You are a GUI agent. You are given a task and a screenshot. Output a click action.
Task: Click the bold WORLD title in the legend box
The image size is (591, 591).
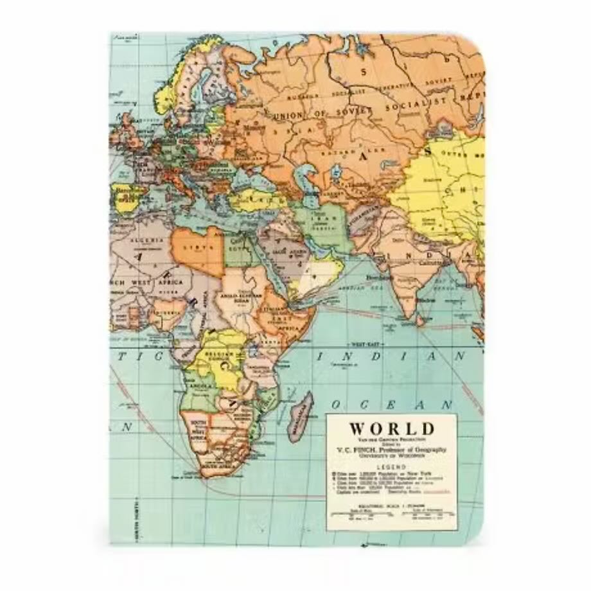point(392,428)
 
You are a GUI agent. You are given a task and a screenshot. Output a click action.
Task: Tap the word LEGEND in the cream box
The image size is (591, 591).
point(391,467)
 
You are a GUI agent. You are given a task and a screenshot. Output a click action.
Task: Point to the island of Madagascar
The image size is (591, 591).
point(300,417)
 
